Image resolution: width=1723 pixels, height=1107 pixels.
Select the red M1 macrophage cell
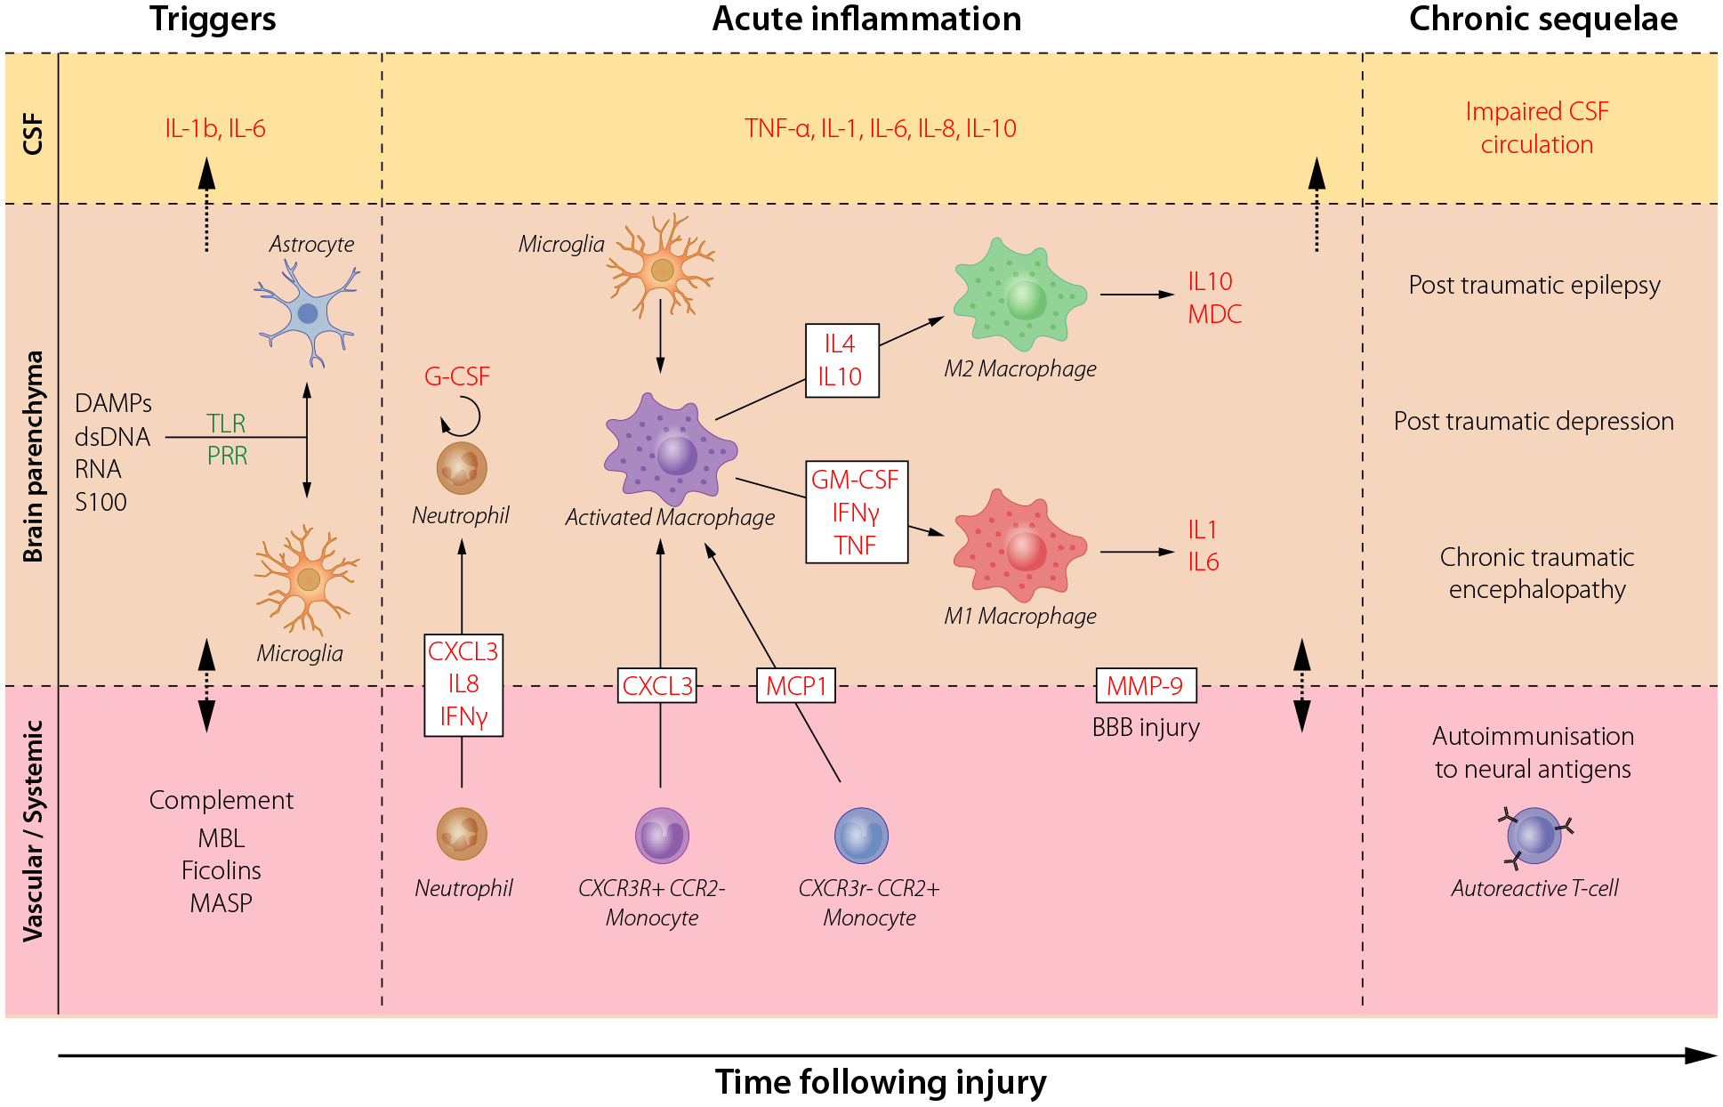1020,545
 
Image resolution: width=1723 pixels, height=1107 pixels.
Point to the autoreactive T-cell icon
1534,836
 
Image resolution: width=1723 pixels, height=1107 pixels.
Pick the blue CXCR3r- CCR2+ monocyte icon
861,836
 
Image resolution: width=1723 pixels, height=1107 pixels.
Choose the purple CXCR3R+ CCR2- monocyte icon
662,836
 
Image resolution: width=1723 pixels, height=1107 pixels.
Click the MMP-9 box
1146,686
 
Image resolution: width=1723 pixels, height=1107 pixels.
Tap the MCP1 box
796,686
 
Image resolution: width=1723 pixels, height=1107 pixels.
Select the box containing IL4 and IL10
841,360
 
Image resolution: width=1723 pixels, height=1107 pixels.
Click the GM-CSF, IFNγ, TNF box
857,512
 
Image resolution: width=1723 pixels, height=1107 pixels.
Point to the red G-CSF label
457,376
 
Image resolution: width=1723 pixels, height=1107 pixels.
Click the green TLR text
226,424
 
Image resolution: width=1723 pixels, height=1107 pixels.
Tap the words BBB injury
1146,728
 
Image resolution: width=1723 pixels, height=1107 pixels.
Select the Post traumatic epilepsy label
1534,285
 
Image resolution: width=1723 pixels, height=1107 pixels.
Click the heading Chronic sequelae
1543,19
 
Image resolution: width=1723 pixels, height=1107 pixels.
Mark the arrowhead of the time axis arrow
1715,1056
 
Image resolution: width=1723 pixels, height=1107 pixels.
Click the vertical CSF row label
33,133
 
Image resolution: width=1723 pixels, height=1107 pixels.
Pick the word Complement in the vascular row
221,800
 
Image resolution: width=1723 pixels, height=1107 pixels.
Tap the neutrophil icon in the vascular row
462,834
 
